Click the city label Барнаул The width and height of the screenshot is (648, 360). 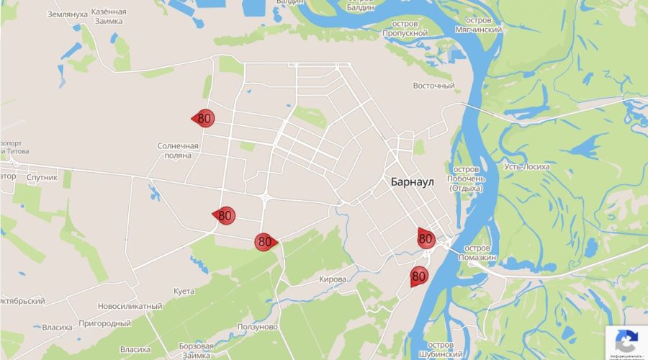(x=413, y=181)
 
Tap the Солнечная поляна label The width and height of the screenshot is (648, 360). (x=178, y=150)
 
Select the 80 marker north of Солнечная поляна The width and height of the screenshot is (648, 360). (x=204, y=118)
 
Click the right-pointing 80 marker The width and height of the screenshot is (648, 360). (x=265, y=242)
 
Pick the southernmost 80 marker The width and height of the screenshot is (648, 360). (x=419, y=275)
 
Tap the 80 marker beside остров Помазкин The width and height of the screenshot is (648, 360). (x=426, y=238)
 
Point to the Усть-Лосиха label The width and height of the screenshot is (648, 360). (x=527, y=166)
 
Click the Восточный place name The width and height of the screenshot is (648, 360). (x=433, y=86)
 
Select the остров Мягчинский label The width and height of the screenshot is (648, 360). (x=479, y=25)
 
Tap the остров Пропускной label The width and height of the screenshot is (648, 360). (x=405, y=28)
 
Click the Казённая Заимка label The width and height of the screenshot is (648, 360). (x=109, y=17)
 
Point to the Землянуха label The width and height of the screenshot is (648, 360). (x=67, y=14)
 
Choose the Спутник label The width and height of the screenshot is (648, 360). (x=41, y=176)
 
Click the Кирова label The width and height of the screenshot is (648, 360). (x=332, y=279)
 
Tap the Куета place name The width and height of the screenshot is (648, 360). (x=184, y=291)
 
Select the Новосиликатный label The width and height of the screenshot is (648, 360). (x=130, y=306)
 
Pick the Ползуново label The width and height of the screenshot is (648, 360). (x=258, y=327)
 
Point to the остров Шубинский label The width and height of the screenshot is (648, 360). (x=440, y=349)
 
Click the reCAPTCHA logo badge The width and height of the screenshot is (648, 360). (x=626, y=340)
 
